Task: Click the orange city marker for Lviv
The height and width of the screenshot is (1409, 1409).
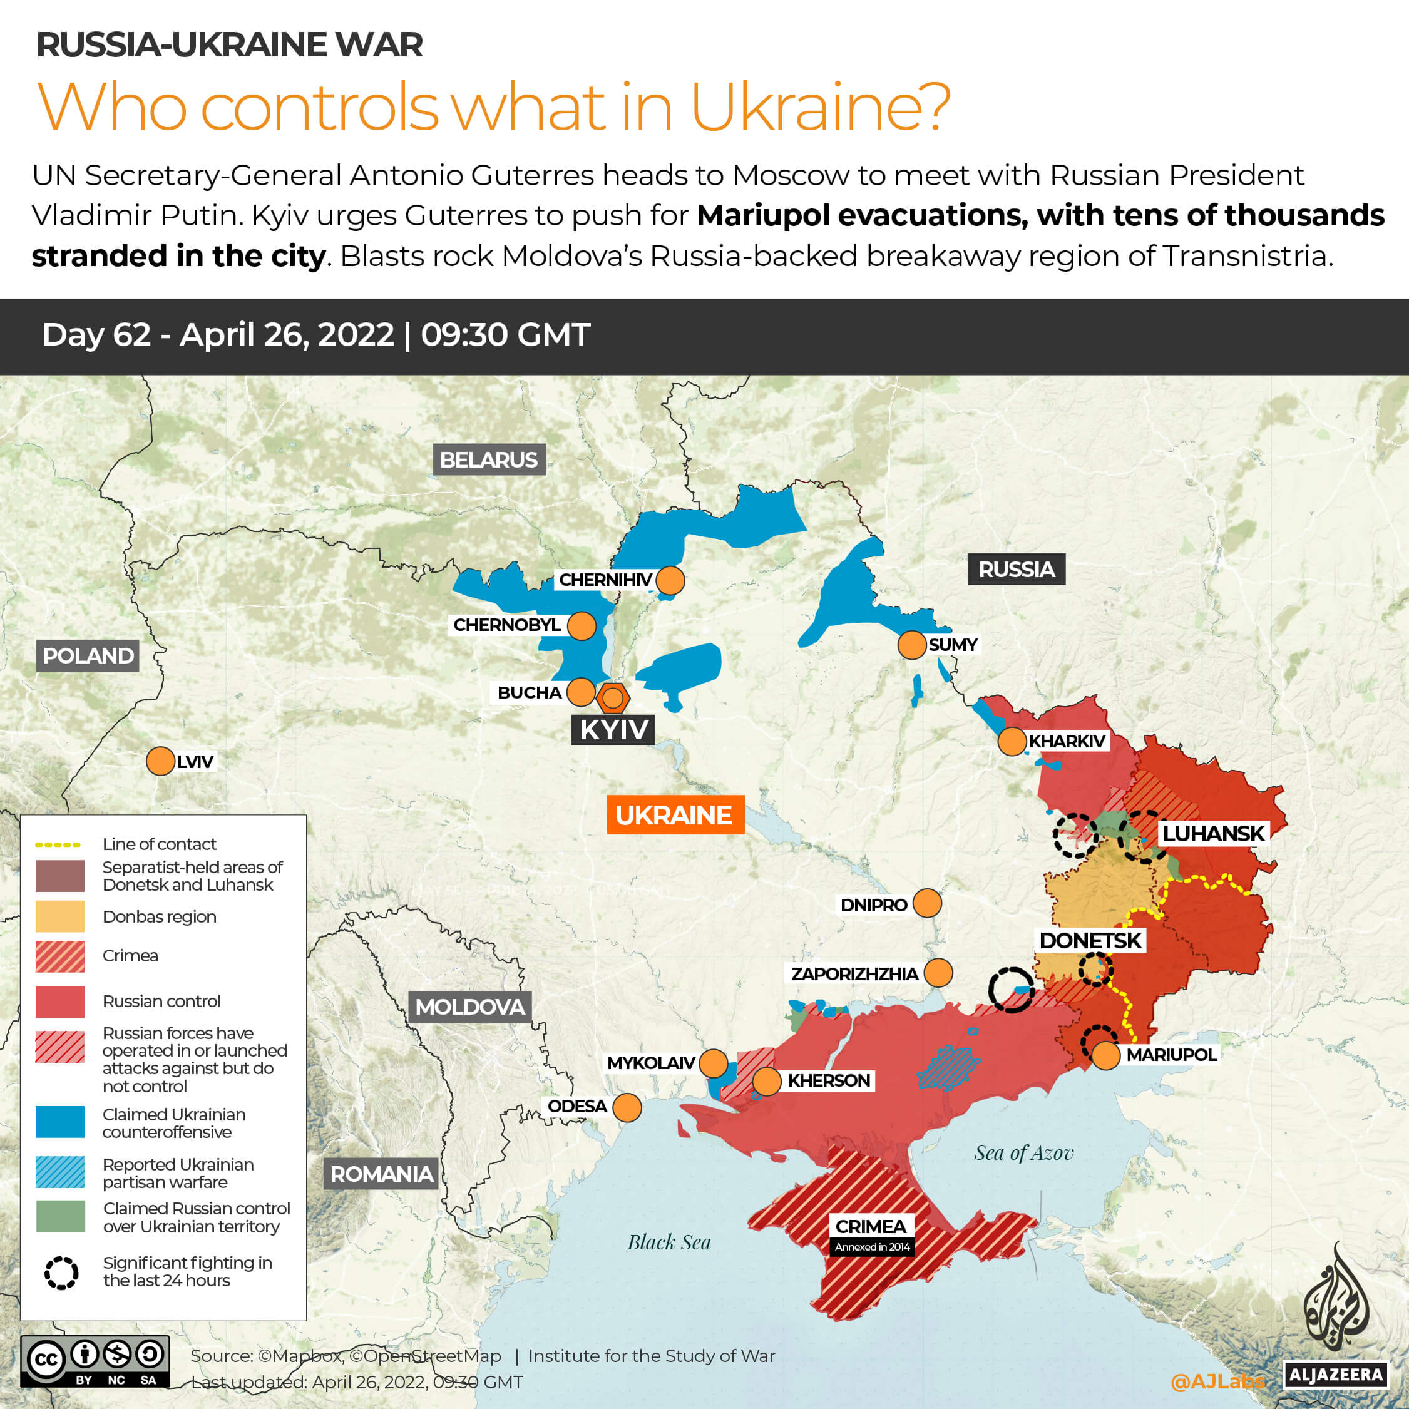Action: point(160,761)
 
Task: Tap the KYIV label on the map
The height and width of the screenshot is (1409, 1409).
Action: point(613,729)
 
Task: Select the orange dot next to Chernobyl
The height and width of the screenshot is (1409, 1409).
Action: point(582,626)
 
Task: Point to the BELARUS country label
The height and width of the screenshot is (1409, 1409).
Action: point(489,460)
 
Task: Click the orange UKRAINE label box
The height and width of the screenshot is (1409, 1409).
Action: point(675,814)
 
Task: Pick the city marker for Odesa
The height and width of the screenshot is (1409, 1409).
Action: point(627,1107)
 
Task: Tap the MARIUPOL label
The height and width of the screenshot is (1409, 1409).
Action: point(1171,1055)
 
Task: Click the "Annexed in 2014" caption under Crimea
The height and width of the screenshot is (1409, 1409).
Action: point(872,1247)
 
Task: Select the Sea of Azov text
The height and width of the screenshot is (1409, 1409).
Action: point(1024,1153)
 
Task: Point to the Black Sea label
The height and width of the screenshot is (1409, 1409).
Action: point(669,1242)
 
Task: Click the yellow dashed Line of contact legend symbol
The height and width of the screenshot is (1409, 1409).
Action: point(58,844)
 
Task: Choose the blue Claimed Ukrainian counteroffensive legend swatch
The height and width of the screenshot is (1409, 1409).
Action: point(60,1122)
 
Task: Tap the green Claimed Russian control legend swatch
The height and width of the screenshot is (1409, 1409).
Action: point(60,1216)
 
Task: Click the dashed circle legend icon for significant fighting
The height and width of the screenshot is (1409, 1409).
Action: point(61,1273)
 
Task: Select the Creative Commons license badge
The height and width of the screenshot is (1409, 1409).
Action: point(95,1361)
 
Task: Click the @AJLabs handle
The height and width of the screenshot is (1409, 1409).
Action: point(1216,1381)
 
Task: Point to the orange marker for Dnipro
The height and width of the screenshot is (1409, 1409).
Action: point(927,903)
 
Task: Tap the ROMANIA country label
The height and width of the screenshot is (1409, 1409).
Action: point(381,1174)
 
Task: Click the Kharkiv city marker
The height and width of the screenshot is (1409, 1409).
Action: point(1012,741)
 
